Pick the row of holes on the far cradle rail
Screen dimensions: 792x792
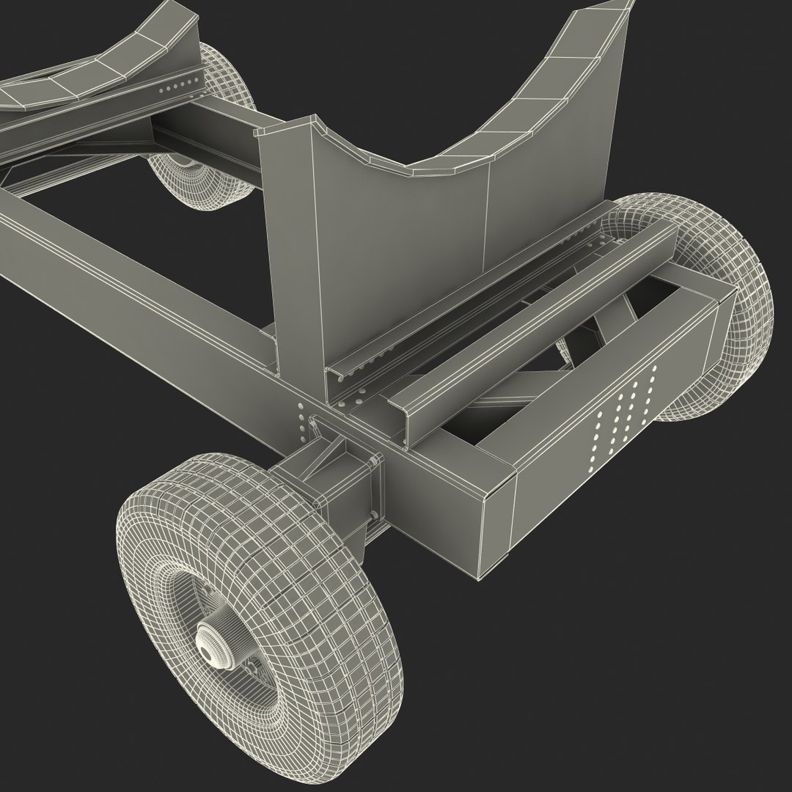(176, 84)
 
